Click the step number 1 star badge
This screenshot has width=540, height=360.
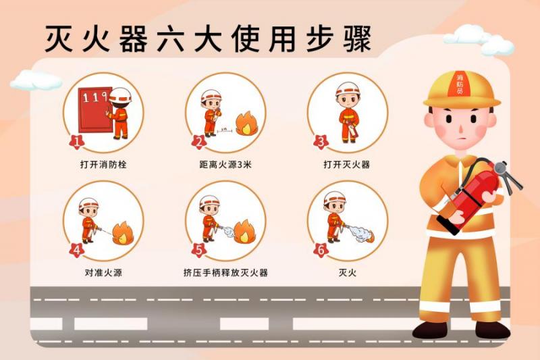tap(76, 142)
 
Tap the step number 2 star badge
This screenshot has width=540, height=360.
tap(198, 142)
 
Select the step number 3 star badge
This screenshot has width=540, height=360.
tap(321, 142)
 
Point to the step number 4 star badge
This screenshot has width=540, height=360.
tap(76, 250)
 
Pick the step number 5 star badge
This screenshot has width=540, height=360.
tap(198, 250)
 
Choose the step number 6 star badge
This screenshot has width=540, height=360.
tap(321, 250)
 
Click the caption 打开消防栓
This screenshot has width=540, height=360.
tap(103, 165)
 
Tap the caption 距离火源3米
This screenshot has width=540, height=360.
tap(225, 165)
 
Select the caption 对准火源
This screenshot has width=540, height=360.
tap(103, 273)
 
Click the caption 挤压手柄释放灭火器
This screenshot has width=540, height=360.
tap(225, 273)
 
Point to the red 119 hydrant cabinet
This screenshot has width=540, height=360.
tap(94, 110)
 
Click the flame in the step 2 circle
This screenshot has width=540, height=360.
tap(247, 124)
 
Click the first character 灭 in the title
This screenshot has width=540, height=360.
tap(59, 38)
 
